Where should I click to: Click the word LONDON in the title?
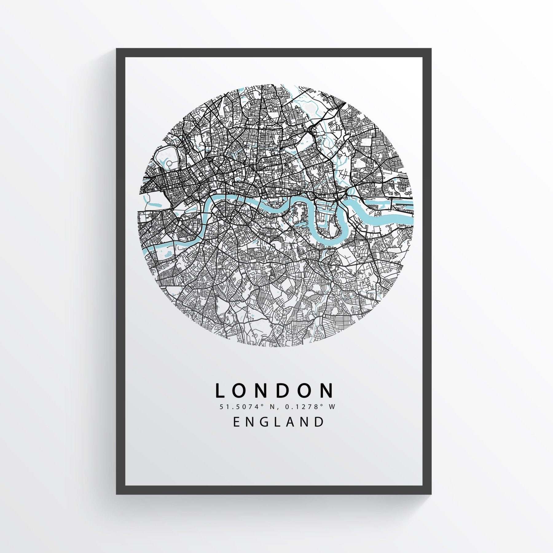274,390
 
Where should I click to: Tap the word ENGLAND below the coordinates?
279,422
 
